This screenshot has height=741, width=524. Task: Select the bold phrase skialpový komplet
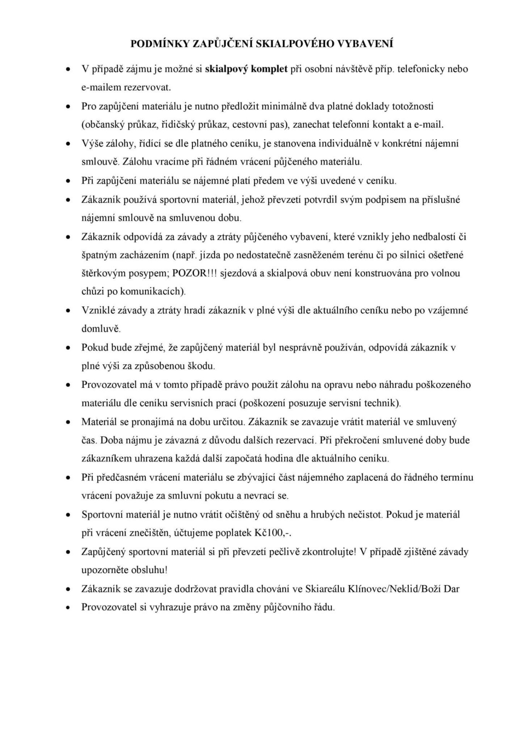point(247,69)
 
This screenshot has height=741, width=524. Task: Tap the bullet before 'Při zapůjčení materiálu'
point(68,181)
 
